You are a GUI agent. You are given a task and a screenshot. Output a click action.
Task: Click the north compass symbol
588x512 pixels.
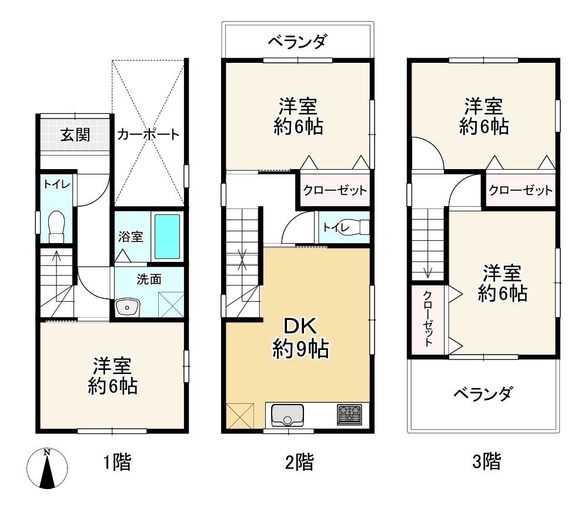pos(47,469)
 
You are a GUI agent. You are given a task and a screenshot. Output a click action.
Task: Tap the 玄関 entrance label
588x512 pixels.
pos(75,135)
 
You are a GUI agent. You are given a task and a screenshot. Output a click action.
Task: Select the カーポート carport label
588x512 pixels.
pos(149,134)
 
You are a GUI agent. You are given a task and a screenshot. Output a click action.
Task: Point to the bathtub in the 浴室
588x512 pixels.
pos(167,237)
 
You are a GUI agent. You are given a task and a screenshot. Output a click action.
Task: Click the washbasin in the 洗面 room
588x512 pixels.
pos(128,307)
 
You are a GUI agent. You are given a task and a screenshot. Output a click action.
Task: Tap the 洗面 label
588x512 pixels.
pos(149,279)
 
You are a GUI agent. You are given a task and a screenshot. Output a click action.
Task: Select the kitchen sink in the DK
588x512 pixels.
pos(288,415)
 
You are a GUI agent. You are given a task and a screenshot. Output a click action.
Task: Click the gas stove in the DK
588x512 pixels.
pos(349,415)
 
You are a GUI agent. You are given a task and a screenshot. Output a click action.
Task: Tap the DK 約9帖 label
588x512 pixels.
pos(300,338)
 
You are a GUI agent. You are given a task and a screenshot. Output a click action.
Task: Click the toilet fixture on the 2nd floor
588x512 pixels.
pos(356,227)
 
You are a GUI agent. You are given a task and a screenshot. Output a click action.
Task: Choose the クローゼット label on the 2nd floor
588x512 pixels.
pos(335,190)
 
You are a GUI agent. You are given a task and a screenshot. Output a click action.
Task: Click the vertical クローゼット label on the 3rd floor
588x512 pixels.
pos(428,319)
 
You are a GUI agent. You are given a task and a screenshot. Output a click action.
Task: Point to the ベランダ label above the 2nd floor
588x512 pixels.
pos(298,41)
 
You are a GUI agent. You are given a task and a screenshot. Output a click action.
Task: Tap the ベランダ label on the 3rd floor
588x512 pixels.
pos(483,393)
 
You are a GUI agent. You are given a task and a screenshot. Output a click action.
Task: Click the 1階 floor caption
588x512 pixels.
pos(118,462)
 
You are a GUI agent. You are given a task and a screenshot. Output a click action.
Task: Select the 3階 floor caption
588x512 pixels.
pos(486,462)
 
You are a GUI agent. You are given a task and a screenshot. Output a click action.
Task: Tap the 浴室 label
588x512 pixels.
pos(131,237)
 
